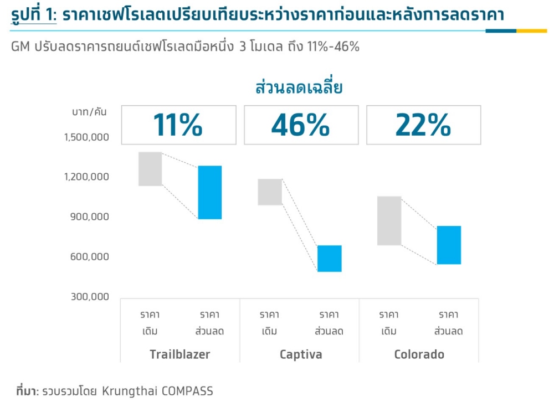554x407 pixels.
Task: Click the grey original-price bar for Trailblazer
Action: [150, 169]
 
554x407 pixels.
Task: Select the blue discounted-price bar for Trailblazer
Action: [210, 192]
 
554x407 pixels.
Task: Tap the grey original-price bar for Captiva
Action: [270, 192]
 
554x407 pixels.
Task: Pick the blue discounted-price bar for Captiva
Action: [330, 259]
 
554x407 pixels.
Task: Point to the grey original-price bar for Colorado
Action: [389, 220]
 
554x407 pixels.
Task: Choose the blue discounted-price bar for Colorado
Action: [449, 245]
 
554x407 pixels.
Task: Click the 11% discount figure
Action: [178, 125]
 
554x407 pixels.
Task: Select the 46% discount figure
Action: [300, 125]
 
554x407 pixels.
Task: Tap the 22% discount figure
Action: [423, 125]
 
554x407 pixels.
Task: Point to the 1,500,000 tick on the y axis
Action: [89, 137]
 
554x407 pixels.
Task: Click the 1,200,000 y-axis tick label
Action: [89, 177]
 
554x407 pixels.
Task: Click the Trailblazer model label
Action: [180, 354]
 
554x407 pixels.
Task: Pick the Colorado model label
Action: [419, 354]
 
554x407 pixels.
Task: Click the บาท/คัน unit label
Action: [89, 112]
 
